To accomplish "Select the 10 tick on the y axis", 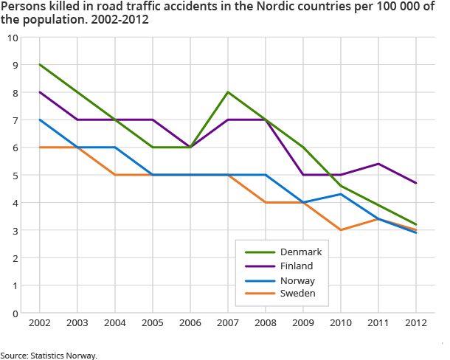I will tap(13, 38).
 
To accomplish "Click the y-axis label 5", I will tap(15, 176).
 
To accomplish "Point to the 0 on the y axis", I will tap(15, 314).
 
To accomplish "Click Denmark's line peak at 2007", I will tap(227, 92).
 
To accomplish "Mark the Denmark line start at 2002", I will tap(39, 65).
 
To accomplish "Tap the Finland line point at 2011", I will tap(378, 164).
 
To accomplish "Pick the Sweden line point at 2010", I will tap(340, 230).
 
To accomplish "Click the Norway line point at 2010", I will tap(340, 194).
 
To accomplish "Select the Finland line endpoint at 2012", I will tap(415, 183).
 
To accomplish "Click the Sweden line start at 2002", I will tap(39, 148).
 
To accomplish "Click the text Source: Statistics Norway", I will tap(49, 355).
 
